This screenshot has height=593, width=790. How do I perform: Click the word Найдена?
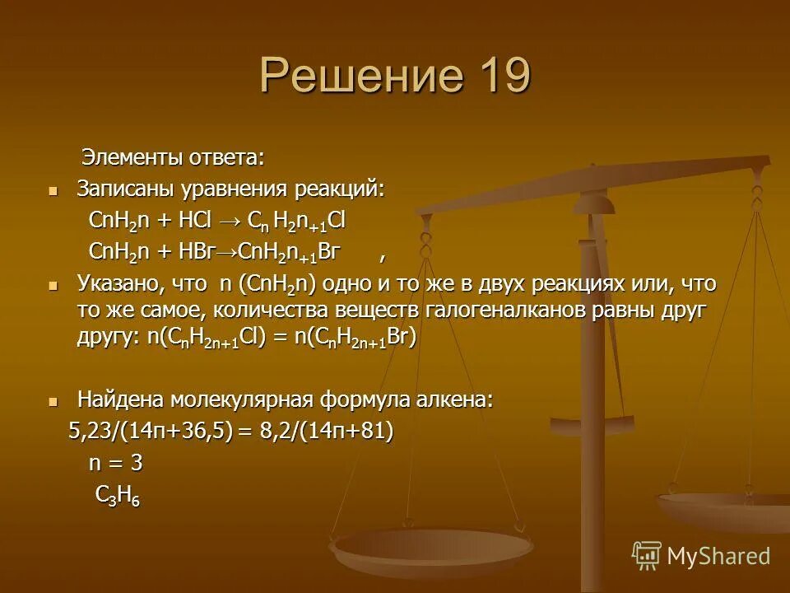(121, 400)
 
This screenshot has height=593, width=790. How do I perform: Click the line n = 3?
(115, 463)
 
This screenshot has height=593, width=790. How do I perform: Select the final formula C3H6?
(117, 495)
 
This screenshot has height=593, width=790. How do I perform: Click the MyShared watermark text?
(718, 556)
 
